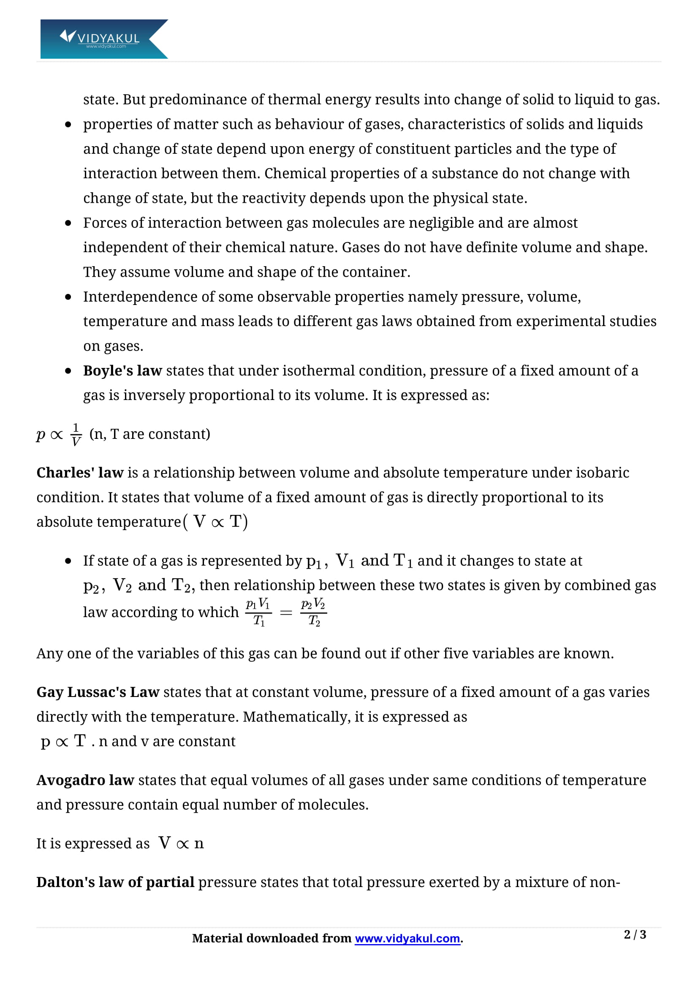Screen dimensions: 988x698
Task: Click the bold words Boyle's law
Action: pyautogui.click(x=122, y=370)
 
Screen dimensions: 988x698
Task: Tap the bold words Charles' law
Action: pyautogui.click(x=80, y=473)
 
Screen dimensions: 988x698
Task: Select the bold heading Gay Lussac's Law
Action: pyautogui.click(x=98, y=692)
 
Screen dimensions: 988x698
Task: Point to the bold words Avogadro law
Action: pyautogui.click(x=85, y=780)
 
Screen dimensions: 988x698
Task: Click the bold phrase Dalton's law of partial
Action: pyautogui.click(x=115, y=882)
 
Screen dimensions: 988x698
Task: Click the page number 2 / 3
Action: pyautogui.click(x=635, y=935)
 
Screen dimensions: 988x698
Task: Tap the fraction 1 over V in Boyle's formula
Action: pyautogui.click(x=76, y=435)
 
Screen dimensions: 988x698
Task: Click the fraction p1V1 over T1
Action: pyautogui.click(x=258, y=612)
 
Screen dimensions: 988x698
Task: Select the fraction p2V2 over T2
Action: pyautogui.click(x=314, y=612)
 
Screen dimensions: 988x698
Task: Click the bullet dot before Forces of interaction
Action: pyautogui.click(x=68, y=223)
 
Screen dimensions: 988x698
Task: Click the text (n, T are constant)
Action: pyautogui.click(x=149, y=434)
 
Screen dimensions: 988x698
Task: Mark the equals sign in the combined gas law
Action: pyautogui.click(x=286, y=613)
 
